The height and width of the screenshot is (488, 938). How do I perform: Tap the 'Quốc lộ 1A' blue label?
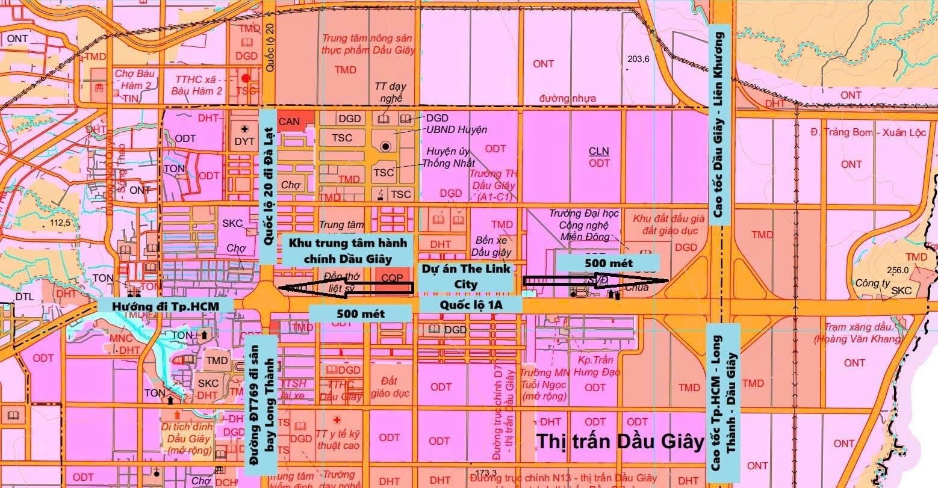(x=470, y=305)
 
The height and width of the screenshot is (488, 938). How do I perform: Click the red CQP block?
(x=392, y=280)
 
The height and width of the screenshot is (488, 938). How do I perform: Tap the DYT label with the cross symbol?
(x=244, y=137)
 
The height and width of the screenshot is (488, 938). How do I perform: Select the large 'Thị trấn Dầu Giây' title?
(x=620, y=442)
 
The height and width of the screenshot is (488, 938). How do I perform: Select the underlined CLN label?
(x=599, y=152)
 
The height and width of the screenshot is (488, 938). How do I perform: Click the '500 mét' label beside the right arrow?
(x=608, y=263)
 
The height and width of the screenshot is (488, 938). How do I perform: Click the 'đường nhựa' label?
(x=568, y=99)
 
